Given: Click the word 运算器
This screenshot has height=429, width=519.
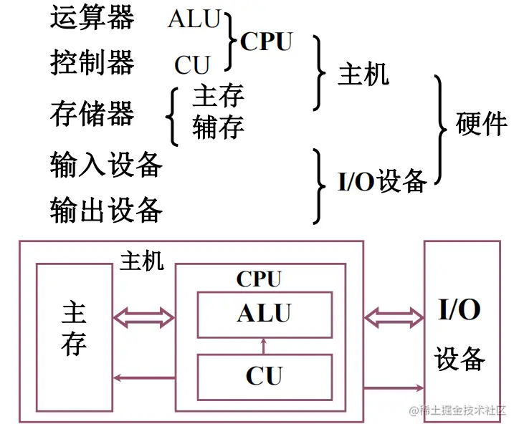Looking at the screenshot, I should [x=92, y=17].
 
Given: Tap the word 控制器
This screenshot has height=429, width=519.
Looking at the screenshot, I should [x=92, y=63].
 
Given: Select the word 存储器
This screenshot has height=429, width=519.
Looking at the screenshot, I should [x=92, y=113].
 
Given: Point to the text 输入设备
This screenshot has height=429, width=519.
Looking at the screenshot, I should [x=106, y=165].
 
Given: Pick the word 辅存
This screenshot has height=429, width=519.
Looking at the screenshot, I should [x=218, y=127].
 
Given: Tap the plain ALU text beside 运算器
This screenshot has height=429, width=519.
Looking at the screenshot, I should [x=194, y=19].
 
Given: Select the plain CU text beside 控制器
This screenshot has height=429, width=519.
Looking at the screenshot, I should [x=191, y=65].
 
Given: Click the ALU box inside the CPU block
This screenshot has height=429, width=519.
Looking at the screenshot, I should [x=265, y=314].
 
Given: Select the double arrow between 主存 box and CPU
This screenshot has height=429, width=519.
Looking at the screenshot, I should [x=143, y=316].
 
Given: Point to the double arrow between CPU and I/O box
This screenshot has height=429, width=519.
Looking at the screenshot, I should [x=394, y=316].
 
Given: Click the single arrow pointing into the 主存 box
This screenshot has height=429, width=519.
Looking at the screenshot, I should [x=143, y=377].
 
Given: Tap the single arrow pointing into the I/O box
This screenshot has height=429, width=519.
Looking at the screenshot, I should [x=394, y=388].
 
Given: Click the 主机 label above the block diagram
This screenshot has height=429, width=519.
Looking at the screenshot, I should [x=142, y=261].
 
